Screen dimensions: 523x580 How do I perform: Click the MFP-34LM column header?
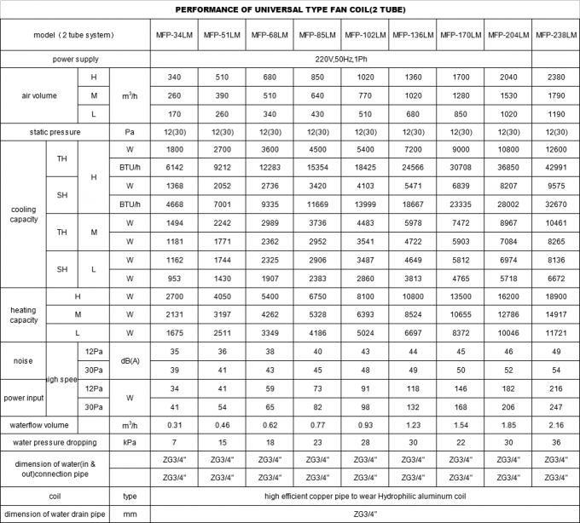174,36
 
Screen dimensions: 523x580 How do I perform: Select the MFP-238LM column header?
554,36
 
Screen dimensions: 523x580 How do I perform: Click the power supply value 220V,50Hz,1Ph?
364,60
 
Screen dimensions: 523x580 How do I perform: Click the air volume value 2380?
554,78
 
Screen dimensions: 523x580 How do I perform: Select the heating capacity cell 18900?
554,297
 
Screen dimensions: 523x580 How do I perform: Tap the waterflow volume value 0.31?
174,422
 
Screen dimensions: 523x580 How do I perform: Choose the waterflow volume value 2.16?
554,422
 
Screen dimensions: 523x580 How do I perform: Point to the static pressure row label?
55,132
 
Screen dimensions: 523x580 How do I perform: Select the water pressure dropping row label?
55,441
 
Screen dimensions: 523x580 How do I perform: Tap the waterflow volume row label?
55,422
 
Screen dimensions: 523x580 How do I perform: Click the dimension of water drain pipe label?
55,514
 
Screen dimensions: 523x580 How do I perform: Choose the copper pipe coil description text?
364,496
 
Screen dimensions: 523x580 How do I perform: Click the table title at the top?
289,9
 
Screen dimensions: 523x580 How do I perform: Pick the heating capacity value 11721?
554,331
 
